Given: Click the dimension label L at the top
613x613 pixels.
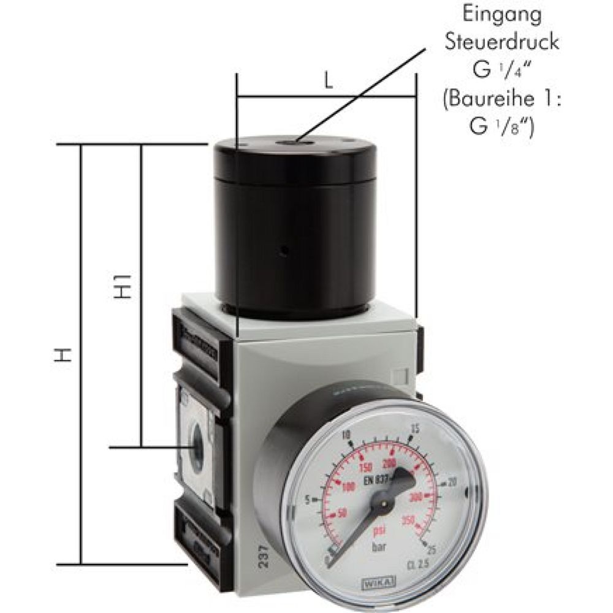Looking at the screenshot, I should point(329,82).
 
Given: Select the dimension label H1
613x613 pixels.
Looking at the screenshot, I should point(124,281).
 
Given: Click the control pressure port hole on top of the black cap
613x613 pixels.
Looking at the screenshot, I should point(287,142).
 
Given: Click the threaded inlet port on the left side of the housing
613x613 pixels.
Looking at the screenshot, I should point(197,447).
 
